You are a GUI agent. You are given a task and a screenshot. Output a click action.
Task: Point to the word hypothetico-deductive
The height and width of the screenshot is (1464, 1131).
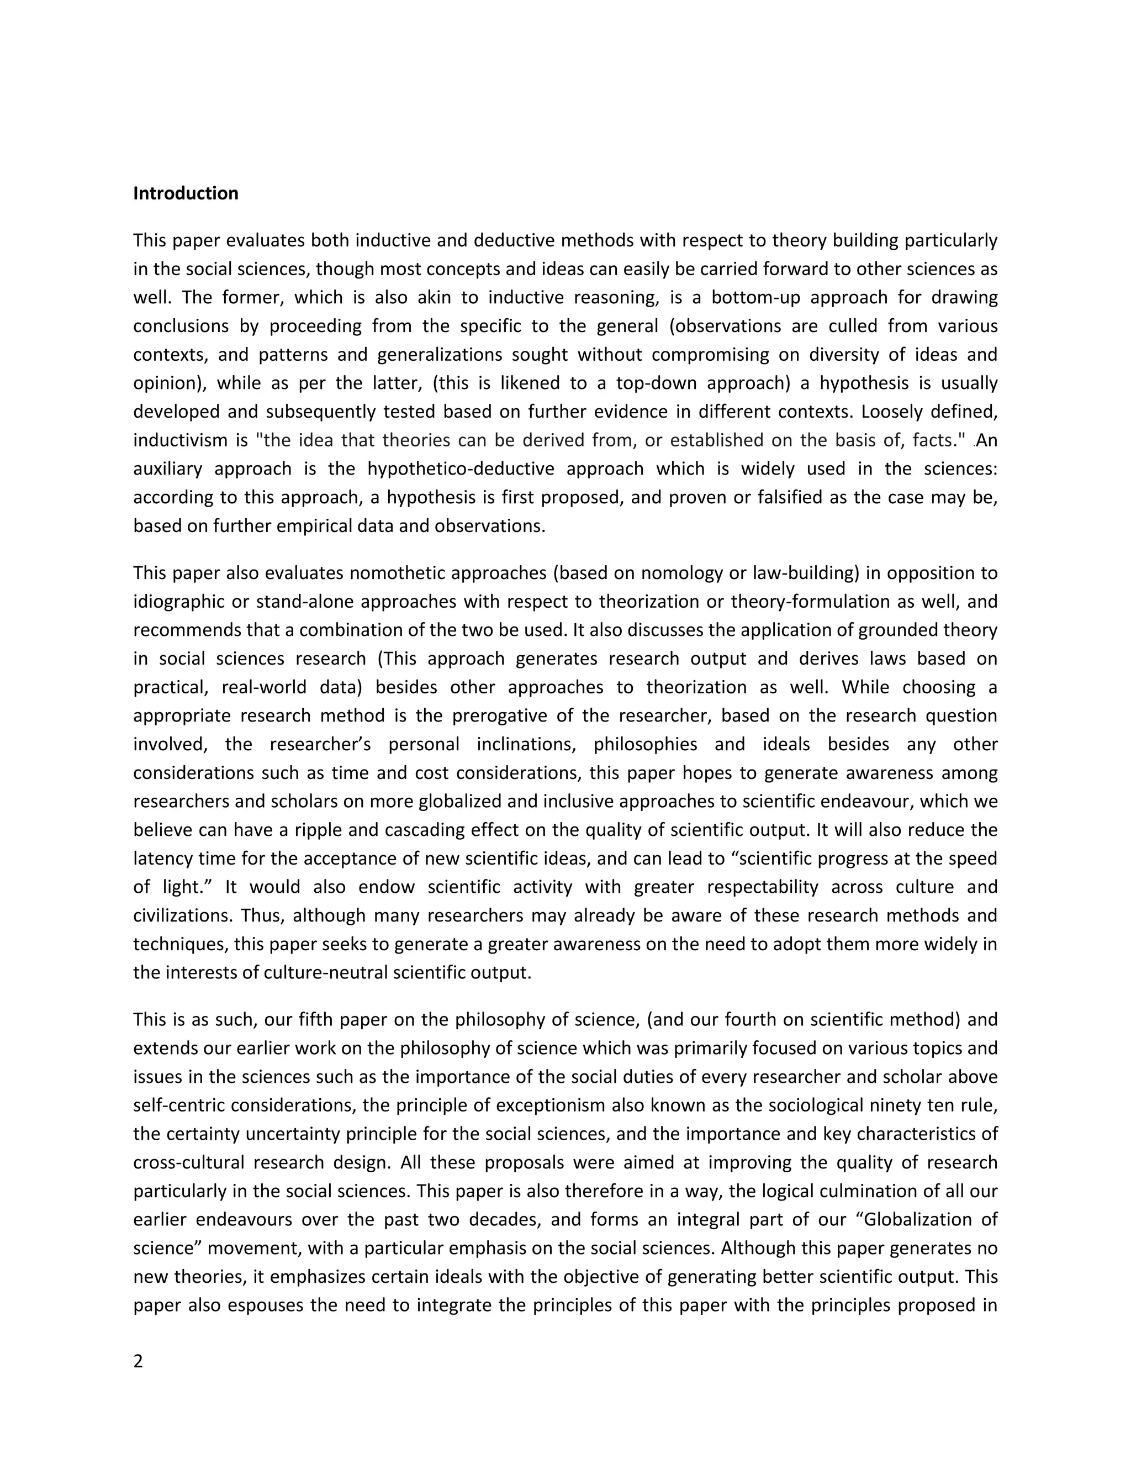[x=461, y=468]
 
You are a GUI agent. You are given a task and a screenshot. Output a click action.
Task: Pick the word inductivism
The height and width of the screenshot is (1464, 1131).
[x=180, y=440]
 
